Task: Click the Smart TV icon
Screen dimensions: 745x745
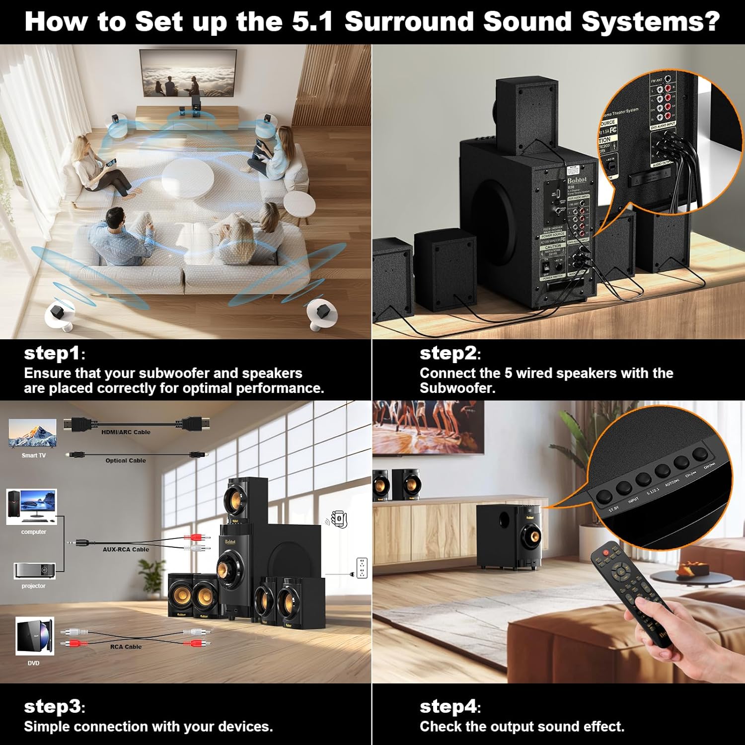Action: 33,435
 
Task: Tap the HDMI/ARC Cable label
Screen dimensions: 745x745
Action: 126,432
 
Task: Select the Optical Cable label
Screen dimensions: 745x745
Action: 126,460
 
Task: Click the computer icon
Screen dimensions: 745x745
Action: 32,506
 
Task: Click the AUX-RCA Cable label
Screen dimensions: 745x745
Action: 126,549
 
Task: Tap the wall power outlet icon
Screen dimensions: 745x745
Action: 362,568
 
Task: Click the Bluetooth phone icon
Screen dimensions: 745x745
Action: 339,519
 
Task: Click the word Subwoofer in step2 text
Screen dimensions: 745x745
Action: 457,388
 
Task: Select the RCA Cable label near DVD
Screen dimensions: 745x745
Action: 126,647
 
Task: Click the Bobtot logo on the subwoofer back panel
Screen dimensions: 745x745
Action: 577,180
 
